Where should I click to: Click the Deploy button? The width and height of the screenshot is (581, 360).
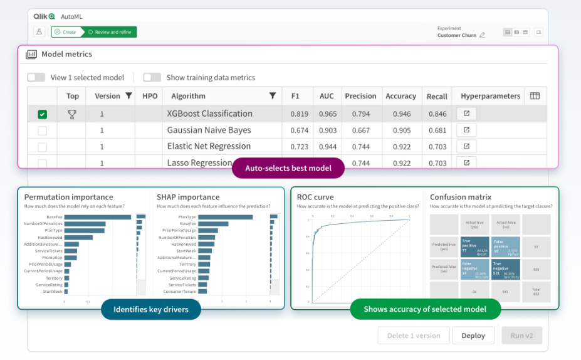pyautogui.click(x=473, y=336)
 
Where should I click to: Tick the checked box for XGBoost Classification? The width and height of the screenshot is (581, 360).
pyautogui.click(x=42, y=114)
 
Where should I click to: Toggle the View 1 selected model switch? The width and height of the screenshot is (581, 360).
pyautogui.click(x=36, y=78)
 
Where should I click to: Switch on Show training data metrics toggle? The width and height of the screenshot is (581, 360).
pyautogui.click(x=152, y=78)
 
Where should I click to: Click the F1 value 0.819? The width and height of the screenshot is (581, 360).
pyautogui.click(x=299, y=114)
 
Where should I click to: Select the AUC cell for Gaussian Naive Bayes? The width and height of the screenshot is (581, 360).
pyautogui.click(x=327, y=130)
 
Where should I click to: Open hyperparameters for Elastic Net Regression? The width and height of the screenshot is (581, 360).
pyautogui.click(x=466, y=147)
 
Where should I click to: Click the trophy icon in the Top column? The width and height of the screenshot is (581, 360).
pyautogui.click(x=72, y=114)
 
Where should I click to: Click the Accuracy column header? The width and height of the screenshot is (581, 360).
pyautogui.click(x=400, y=96)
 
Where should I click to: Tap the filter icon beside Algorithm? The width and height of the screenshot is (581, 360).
pyautogui.click(x=273, y=96)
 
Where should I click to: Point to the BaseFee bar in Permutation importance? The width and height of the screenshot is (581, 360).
pyautogui.click(x=97, y=217)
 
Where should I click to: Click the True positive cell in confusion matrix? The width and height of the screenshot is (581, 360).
pyautogui.click(x=474, y=246)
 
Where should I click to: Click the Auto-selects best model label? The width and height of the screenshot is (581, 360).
pyautogui.click(x=288, y=169)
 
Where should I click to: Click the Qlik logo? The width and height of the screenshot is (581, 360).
pyautogui.click(x=44, y=16)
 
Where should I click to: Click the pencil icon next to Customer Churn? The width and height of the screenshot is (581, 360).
pyautogui.click(x=482, y=36)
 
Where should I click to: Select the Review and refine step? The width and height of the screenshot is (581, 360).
pyautogui.click(x=112, y=32)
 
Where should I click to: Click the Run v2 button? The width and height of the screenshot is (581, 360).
pyautogui.click(x=521, y=336)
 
